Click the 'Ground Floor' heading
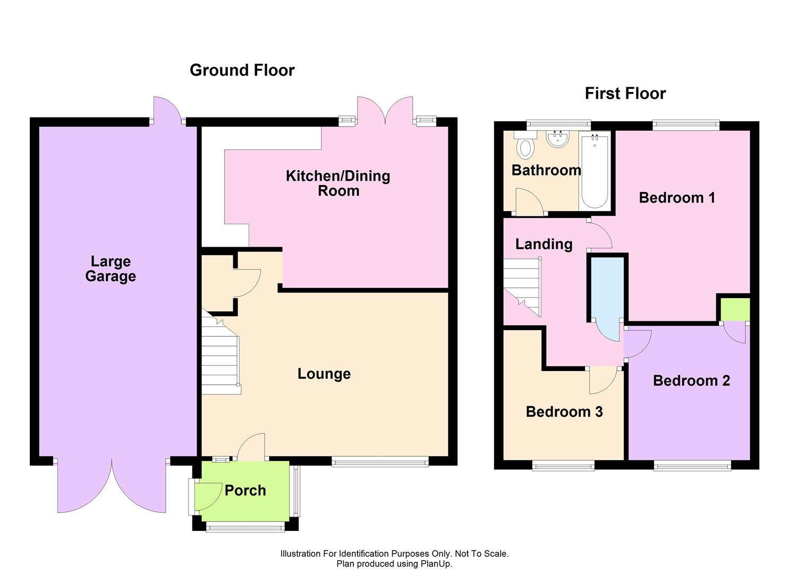(x=242, y=70)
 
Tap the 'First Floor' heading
(x=625, y=94)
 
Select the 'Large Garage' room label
(x=111, y=268)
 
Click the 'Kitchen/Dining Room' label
(x=338, y=183)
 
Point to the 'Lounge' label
(x=324, y=374)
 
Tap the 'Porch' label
(x=245, y=490)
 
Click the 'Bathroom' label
(x=546, y=170)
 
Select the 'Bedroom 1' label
(x=676, y=198)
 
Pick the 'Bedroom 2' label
(x=691, y=381)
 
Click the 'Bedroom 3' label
(x=564, y=412)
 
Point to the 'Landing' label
(x=544, y=244)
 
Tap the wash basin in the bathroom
(x=557, y=139)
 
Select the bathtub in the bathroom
(x=594, y=171)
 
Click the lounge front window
(x=380, y=462)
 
